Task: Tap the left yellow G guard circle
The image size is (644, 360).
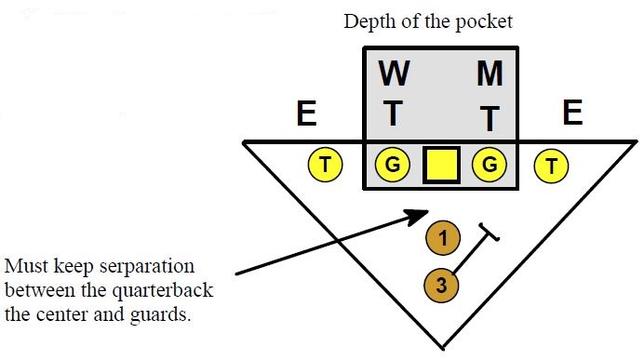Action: (x=393, y=166)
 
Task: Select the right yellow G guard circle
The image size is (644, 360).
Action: (x=490, y=166)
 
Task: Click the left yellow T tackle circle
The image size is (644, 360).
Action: (x=325, y=166)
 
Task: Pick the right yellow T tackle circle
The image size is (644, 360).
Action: (x=552, y=166)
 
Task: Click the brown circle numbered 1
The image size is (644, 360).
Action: (x=443, y=238)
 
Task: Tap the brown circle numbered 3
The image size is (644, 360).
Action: (x=441, y=285)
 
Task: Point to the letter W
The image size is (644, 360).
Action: (x=394, y=74)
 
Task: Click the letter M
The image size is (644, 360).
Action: (x=490, y=74)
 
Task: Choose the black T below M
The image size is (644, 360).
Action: (x=490, y=118)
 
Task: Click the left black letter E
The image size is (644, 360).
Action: (x=305, y=114)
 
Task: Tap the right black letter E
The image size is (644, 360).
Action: (x=572, y=113)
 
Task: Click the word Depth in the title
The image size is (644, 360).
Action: (x=367, y=21)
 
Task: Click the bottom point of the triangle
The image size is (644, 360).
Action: (x=440, y=346)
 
